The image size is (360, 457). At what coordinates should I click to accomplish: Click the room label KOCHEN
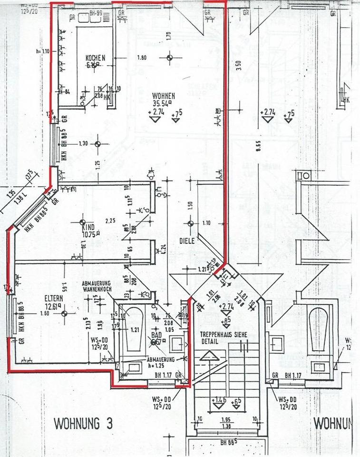(x=95, y=58)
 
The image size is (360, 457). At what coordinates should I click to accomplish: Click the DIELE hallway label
(x=187, y=241)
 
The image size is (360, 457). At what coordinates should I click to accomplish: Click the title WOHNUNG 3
(x=84, y=422)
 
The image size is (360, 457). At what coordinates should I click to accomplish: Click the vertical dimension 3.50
(x=239, y=65)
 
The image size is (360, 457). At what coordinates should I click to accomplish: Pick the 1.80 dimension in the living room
(x=141, y=58)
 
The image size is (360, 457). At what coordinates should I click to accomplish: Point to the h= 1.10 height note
(x=43, y=51)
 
